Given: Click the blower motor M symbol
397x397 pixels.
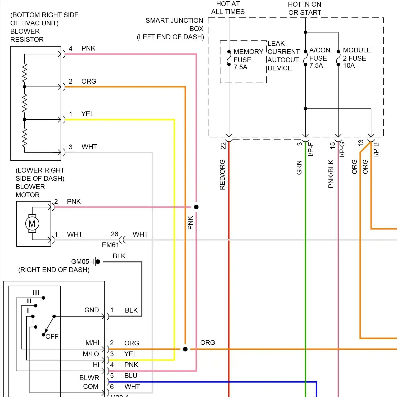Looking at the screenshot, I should click(x=32, y=224).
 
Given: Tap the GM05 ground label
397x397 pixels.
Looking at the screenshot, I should click(x=80, y=261).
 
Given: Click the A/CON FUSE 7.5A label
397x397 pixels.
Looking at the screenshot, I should click(x=319, y=58).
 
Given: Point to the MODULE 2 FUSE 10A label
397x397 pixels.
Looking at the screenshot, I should click(x=357, y=58).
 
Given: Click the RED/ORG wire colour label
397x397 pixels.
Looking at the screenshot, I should click(x=222, y=175).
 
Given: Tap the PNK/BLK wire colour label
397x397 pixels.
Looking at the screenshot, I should click(x=331, y=174).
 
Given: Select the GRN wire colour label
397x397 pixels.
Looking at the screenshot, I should click(x=299, y=168).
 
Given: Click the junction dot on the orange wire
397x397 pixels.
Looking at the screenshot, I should click(x=185, y=349).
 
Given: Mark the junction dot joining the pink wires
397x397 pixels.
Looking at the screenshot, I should click(x=196, y=207).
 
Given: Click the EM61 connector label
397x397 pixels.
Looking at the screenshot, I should click(x=110, y=245).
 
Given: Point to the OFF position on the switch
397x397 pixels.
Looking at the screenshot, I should click(x=52, y=336).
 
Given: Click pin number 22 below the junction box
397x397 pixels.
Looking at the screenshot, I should click(x=223, y=146).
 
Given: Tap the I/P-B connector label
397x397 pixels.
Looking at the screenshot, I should click(x=376, y=150).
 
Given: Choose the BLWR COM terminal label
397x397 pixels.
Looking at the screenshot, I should click(x=89, y=382).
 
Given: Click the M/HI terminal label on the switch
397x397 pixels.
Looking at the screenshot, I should click(x=92, y=343).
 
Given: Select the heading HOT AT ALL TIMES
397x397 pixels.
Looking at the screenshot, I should click(x=228, y=8).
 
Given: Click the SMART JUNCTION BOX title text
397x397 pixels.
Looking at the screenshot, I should click(x=174, y=29).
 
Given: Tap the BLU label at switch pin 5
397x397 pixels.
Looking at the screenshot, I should click(x=131, y=376).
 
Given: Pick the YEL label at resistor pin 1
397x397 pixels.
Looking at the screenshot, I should click(x=88, y=114).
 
